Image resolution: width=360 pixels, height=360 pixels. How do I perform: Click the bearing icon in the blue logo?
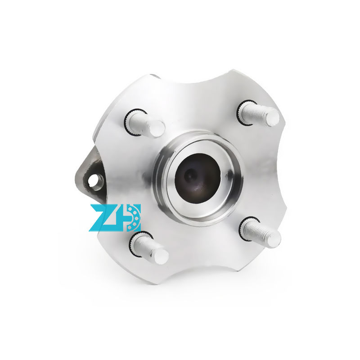click(x=133, y=217)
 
